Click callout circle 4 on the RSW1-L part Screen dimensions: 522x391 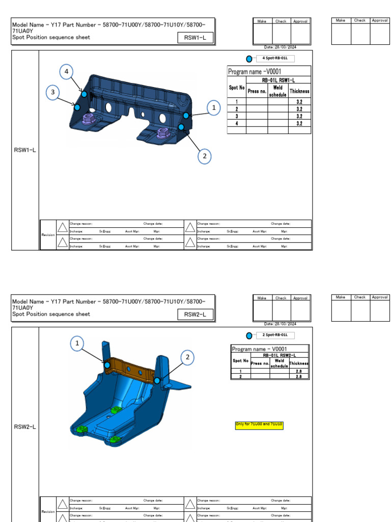(66, 72)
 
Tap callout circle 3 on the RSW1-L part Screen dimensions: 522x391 (52, 92)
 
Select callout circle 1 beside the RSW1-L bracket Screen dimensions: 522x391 (214, 108)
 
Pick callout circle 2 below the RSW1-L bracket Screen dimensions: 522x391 (204, 156)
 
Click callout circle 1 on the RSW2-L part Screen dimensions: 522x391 (77, 344)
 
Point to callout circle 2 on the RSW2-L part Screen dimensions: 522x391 (187, 357)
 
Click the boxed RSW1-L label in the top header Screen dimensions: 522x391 (195, 38)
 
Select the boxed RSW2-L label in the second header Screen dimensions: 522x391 (195, 315)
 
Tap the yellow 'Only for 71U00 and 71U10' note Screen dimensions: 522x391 (259, 425)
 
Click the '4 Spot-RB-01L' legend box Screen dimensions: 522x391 (277, 58)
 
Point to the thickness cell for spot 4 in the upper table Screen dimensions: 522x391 (299, 123)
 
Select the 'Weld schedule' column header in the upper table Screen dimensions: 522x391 (277, 91)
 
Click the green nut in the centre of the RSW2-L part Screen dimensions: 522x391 (115, 410)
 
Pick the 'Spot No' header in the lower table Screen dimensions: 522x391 (240, 360)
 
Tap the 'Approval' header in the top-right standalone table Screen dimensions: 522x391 (380, 20)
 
